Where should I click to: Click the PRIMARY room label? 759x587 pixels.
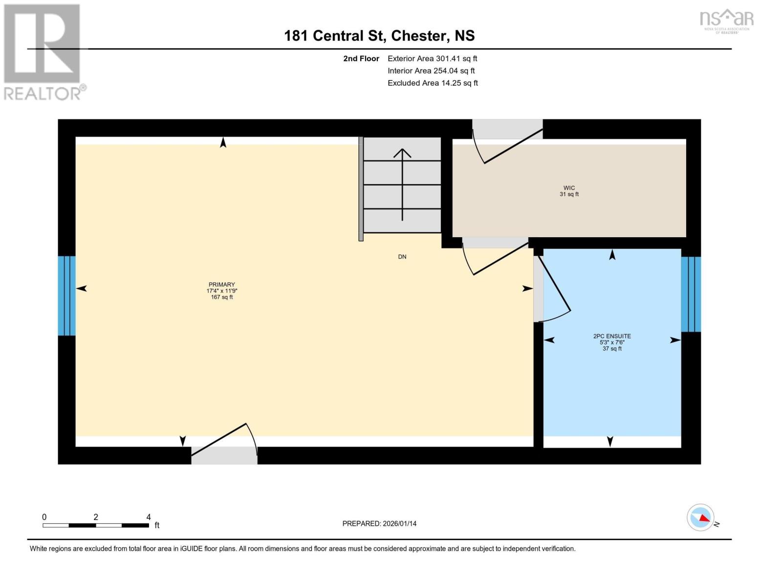(221, 285)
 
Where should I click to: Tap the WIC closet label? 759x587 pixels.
(569, 188)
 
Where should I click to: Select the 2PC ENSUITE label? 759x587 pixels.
(612, 337)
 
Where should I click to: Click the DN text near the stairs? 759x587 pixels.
(402, 257)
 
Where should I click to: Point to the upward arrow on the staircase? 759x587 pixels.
(402, 183)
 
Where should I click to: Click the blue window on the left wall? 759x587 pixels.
(67, 295)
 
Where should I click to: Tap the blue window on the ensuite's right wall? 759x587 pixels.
(691, 294)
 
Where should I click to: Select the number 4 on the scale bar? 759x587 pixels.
(149, 517)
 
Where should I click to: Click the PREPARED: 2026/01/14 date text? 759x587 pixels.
(379, 523)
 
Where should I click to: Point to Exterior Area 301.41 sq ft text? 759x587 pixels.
(432, 59)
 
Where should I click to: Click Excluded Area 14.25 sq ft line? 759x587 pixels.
(433, 83)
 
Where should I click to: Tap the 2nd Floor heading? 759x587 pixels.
(361, 59)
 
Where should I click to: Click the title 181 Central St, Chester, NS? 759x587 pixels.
(379, 36)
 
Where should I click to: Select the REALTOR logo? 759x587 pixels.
(43, 52)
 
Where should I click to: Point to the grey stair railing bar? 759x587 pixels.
(361, 189)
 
